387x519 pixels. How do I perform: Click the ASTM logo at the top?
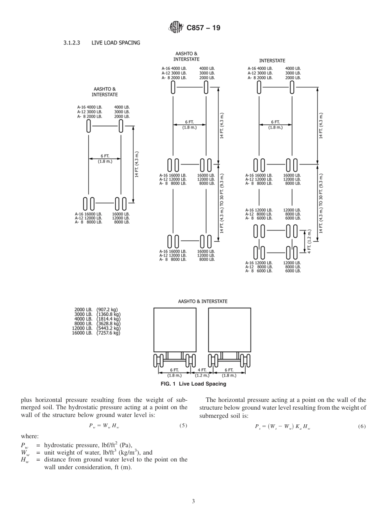176,28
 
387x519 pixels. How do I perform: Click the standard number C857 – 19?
203,28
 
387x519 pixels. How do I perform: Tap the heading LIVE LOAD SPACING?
116,43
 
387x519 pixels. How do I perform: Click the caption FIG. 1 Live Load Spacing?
193,384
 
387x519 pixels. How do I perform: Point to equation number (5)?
183,426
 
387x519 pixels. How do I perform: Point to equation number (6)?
362,426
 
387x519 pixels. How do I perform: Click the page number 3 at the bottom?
193,501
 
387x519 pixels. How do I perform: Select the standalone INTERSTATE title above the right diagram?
272,60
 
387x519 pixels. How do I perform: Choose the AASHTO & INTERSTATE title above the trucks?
202,302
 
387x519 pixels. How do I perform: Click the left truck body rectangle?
175,330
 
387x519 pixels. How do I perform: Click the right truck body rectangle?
229,330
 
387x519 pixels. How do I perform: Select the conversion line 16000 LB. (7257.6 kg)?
96,333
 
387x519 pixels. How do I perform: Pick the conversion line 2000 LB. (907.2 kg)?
96,310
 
